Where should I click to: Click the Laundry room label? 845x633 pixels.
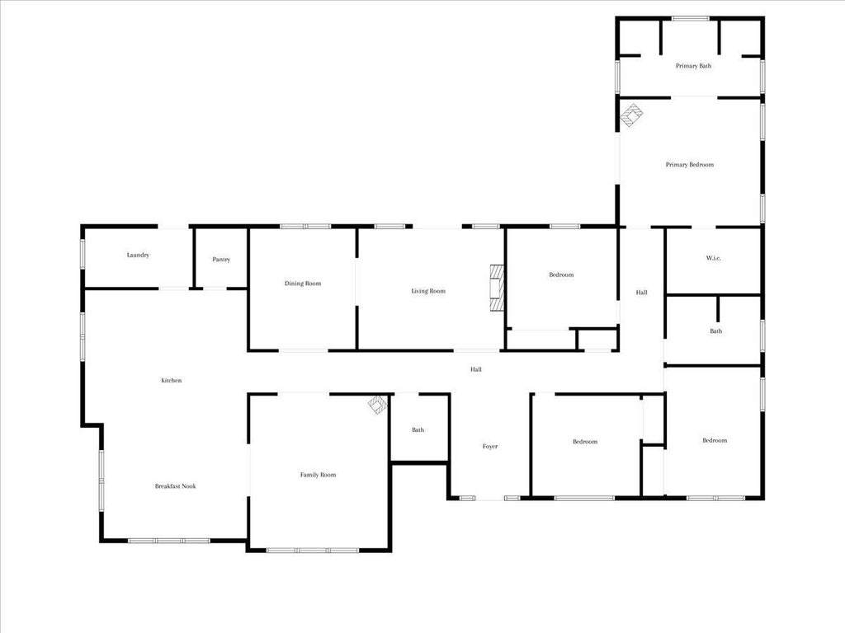[x=138, y=256]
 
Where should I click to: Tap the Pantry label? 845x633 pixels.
[x=221, y=260]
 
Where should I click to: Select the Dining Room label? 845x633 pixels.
[x=303, y=284]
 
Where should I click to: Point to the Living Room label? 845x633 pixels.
[x=428, y=291]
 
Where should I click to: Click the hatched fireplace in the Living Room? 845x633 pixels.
[x=496, y=288]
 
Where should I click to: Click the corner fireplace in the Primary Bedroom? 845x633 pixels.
[x=631, y=115]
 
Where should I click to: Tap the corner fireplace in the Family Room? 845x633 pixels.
[x=378, y=404]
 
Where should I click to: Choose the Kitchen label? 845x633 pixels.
[x=172, y=381]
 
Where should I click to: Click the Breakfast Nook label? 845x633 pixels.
[x=175, y=486]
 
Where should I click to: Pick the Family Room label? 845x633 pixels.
[x=318, y=475]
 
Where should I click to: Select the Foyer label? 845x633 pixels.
[x=490, y=446]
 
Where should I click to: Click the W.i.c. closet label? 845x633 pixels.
[x=714, y=258]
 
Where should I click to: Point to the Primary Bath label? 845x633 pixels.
[x=693, y=66]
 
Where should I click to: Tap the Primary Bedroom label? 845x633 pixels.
[x=690, y=165]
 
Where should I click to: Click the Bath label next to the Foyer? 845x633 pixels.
[x=418, y=429]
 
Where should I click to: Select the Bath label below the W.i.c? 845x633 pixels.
[x=715, y=331]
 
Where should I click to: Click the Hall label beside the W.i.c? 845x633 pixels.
[x=641, y=293]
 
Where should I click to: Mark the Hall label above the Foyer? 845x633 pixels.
[x=476, y=369]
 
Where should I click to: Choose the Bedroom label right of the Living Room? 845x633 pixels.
[x=561, y=275]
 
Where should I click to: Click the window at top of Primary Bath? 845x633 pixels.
[x=691, y=19]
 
